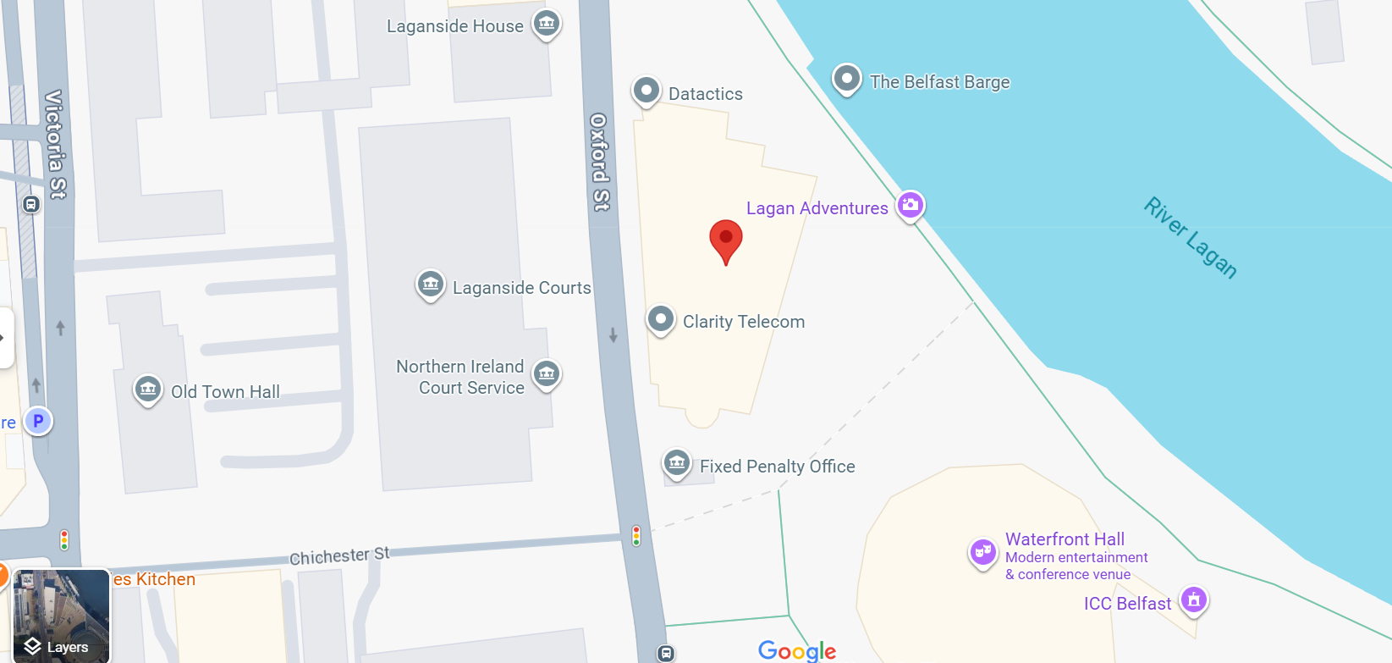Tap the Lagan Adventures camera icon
(911, 204)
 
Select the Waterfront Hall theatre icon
(982, 553)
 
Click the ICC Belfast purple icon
(1194, 599)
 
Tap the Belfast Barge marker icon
(846, 79)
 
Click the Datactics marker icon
(646, 90)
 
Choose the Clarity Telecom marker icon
(661, 319)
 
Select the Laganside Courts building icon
(431, 284)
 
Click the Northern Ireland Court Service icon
(547, 373)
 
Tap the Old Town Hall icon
(148, 390)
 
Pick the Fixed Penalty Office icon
(676, 462)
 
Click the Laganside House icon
(547, 23)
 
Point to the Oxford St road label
(599, 162)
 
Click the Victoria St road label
(56, 144)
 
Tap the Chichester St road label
(339, 556)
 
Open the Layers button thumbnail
(61, 616)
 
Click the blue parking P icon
(38, 420)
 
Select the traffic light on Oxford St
(636, 535)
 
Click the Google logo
(796, 650)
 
